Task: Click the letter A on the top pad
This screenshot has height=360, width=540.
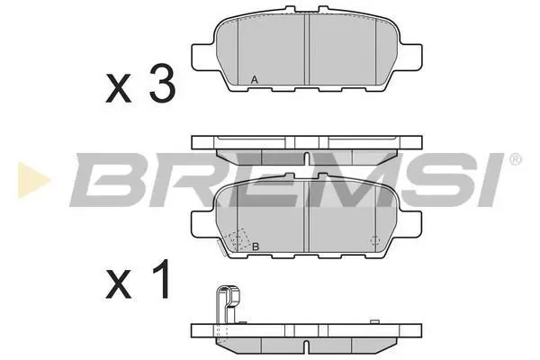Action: click(254, 80)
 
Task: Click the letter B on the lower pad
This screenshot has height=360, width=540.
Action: click(256, 247)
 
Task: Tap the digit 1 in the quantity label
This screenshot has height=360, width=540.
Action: click(159, 279)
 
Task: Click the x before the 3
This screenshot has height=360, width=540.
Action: click(119, 88)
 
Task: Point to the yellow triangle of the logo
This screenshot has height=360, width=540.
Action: click(33, 180)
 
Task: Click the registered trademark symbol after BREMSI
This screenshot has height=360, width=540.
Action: click(515, 160)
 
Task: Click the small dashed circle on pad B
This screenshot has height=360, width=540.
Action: click(374, 240)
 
